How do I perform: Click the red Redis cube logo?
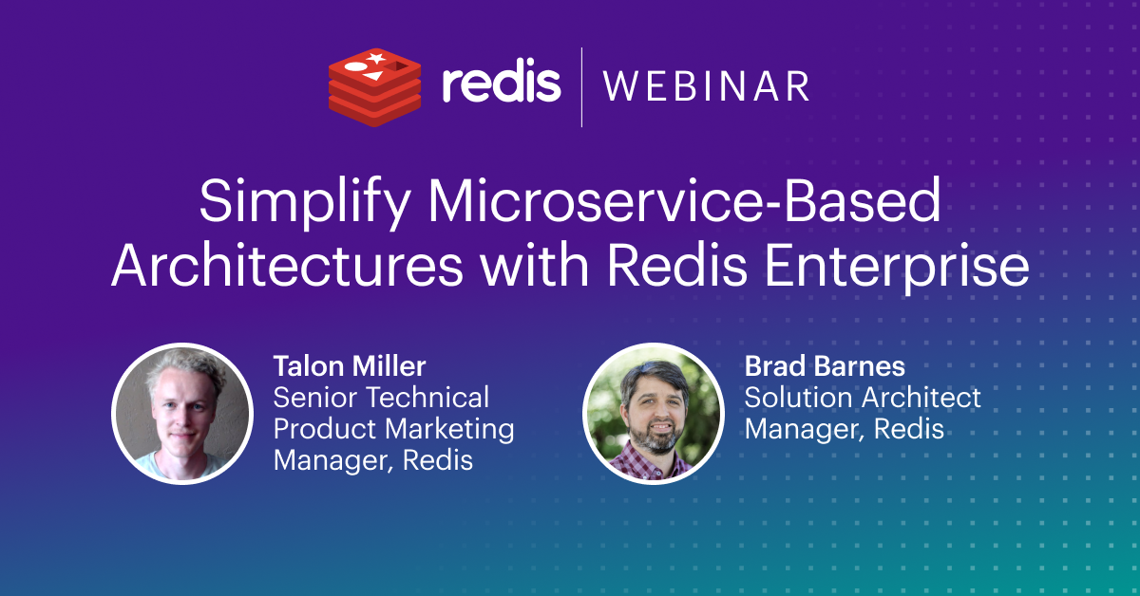pos(374,87)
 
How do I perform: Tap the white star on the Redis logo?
pos(375,58)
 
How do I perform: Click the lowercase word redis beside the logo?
pos(502,84)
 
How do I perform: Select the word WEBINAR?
pos(707,86)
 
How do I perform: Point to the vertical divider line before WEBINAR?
pos(581,87)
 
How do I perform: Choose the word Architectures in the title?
pos(287,266)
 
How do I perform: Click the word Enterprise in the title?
pos(897,268)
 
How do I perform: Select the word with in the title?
pos(535,265)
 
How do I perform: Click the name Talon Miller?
pos(350,366)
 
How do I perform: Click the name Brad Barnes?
pos(825,366)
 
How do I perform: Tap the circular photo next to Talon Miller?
pos(182,414)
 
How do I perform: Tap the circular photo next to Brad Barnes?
pos(654,414)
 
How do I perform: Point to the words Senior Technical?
pos(381,397)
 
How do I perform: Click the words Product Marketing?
pos(393,429)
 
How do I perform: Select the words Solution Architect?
pos(863,397)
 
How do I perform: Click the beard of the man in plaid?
pos(658,438)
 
